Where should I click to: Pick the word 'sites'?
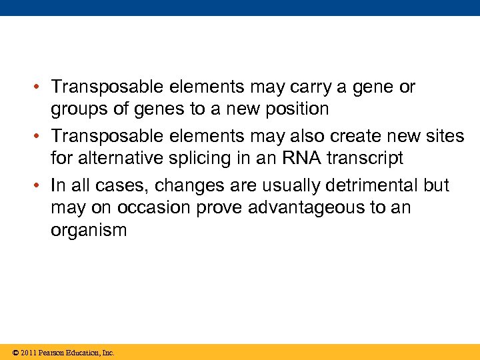[x=445, y=136]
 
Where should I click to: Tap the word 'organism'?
[x=89, y=231]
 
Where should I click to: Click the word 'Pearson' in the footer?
[x=53, y=353]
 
